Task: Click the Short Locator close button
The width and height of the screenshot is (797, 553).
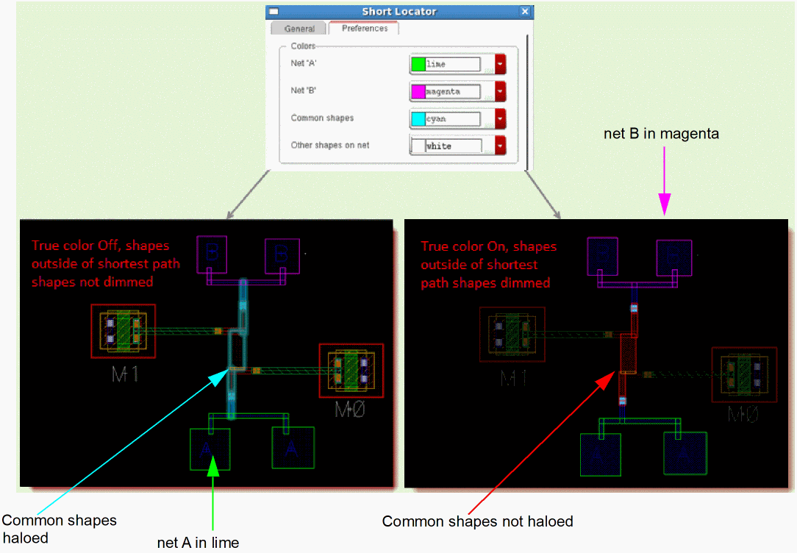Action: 524,12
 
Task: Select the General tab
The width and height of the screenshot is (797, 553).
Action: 299,29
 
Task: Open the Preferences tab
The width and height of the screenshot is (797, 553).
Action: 364,28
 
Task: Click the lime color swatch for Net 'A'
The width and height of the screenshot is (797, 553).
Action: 418,64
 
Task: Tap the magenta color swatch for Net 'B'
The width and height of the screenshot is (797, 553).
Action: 418,91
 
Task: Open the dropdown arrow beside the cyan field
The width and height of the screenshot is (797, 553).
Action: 501,118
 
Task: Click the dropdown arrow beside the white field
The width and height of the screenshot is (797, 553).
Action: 501,146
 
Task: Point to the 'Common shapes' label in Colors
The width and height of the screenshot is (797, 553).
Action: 322,118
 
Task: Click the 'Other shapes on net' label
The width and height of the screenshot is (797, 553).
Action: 330,145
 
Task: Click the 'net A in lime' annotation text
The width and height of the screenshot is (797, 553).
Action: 199,543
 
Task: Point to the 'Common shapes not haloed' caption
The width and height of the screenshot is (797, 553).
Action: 477,521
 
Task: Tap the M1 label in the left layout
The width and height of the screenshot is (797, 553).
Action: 126,375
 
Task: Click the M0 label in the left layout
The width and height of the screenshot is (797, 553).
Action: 350,409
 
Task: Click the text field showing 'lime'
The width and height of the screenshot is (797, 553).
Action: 452,64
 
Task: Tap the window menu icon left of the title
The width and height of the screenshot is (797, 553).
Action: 274,12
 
